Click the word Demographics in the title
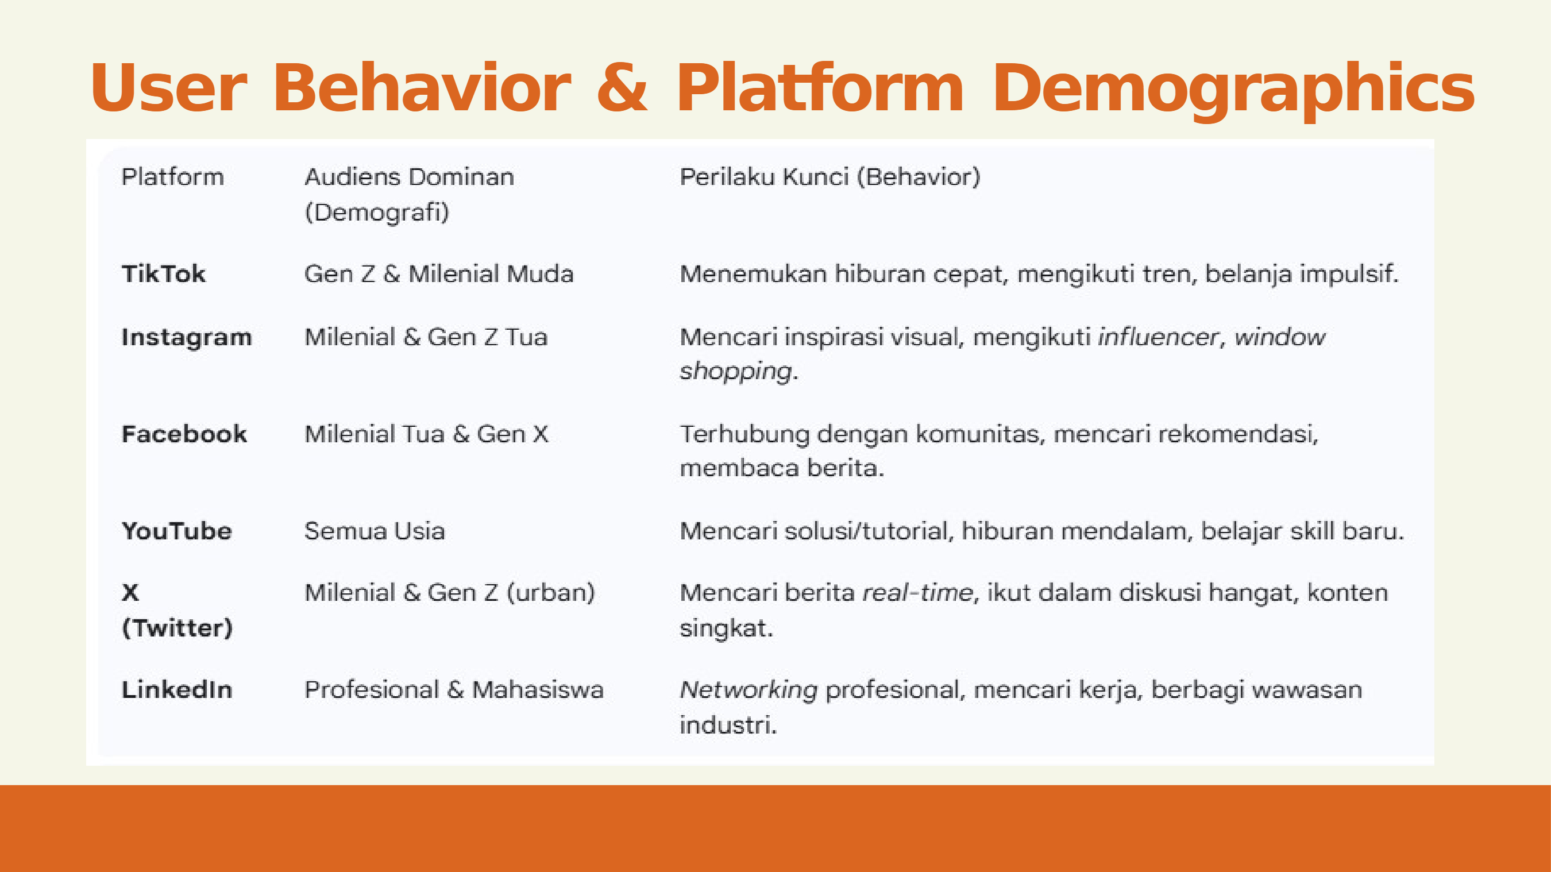(x=1233, y=89)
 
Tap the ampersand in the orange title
(x=623, y=87)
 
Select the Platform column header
(x=172, y=177)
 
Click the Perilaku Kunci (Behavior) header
(x=830, y=177)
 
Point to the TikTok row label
(x=164, y=274)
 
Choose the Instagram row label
(x=187, y=338)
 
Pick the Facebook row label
(x=184, y=434)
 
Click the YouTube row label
(x=177, y=531)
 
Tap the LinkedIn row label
(x=177, y=690)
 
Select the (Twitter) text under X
(x=177, y=628)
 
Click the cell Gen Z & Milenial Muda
(x=439, y=274)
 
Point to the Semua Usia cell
(x=375, y=531)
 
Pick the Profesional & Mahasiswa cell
(x=454, y=690)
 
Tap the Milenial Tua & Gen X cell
(x=426, y=434)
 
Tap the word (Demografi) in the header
(x=377, y=213)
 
